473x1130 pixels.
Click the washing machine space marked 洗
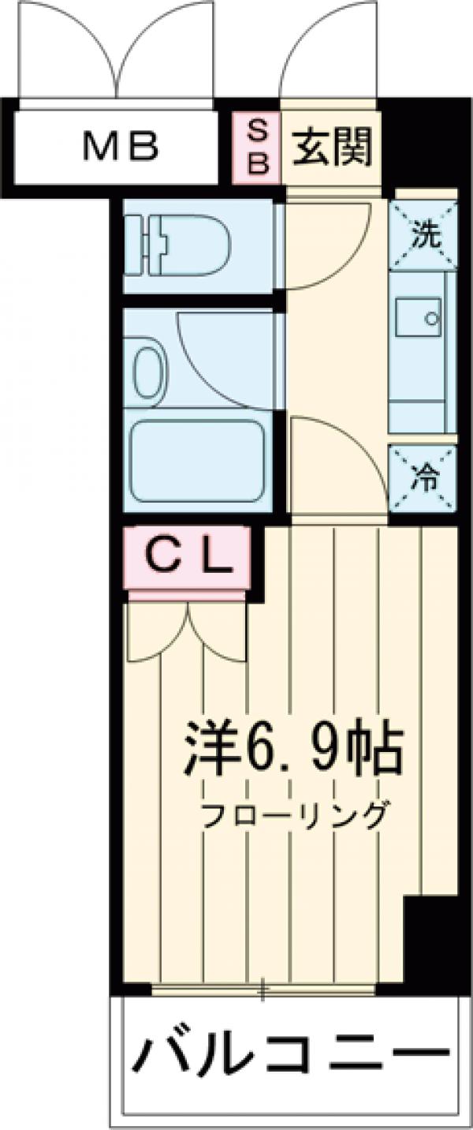tap(424, 233)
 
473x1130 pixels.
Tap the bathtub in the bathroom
tap(197, 461)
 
